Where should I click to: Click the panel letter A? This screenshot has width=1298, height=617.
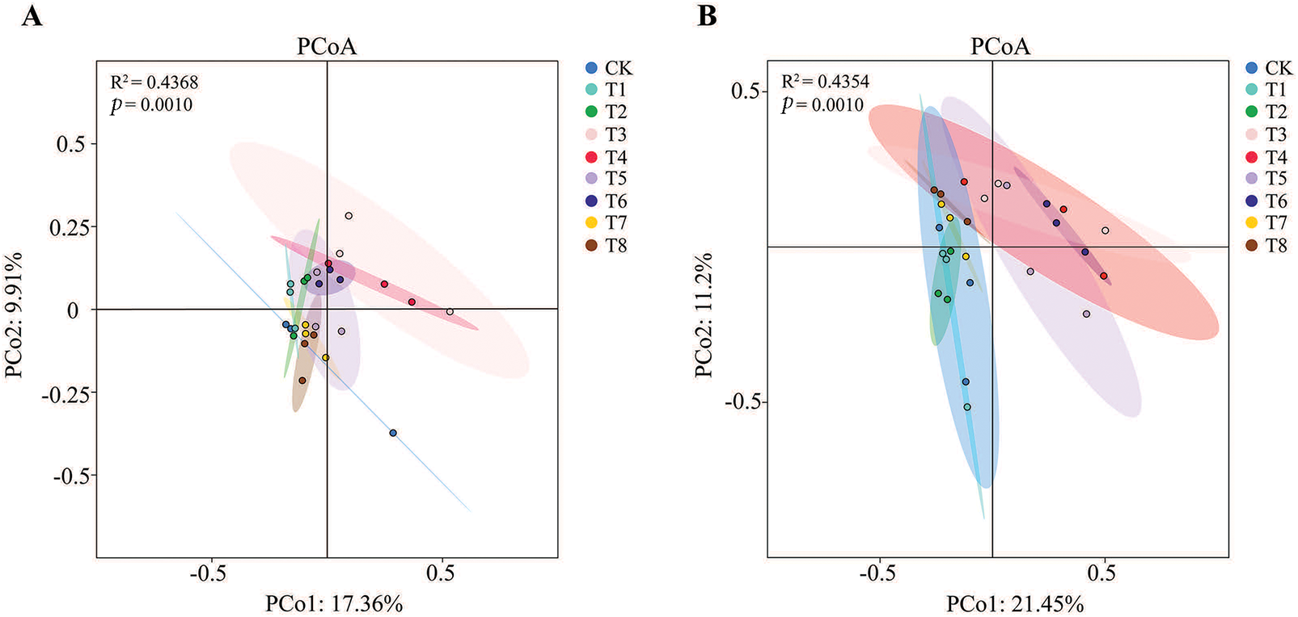click(32, 15)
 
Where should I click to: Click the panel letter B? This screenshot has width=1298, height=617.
click(707, 15)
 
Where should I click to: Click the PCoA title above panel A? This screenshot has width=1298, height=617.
click(327, 47)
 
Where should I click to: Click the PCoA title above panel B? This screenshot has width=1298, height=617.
click(1000, 47)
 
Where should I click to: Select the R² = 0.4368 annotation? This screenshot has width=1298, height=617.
click(154, 82)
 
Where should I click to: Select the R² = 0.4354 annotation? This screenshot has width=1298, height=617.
click(825, 82)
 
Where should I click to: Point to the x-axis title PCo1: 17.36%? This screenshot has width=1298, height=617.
click(334, 603)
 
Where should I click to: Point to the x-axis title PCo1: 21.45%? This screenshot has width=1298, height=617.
click(1015, 603)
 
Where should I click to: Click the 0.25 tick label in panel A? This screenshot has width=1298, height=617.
click(69, 228)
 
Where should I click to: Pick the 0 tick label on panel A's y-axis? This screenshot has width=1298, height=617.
click(74, 311)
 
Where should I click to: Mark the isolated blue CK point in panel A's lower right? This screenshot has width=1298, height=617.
click(393, 433)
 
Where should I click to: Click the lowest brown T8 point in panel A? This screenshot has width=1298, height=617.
click(302, 381)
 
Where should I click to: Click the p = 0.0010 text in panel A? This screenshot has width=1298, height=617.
click(152, 105)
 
